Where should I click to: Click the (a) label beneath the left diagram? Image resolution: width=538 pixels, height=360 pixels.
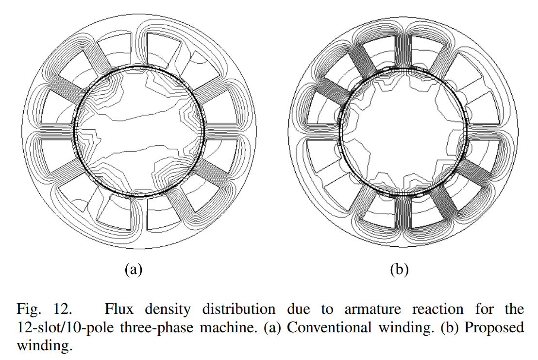pos(134,270)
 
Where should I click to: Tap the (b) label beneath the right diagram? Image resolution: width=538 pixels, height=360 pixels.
pos(400,270)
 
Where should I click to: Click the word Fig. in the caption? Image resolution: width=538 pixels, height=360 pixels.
pos(29,309)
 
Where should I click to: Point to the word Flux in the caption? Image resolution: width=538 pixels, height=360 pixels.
pos(118,309)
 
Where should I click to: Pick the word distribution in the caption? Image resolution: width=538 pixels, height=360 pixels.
pos(239,309)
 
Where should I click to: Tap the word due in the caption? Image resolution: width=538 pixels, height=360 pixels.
pos(299,309)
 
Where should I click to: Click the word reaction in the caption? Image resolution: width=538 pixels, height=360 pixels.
pos(438,309)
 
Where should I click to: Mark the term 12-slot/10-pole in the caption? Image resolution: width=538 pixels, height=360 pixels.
pos(65,327)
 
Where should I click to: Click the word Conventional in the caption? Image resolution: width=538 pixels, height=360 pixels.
pos(329,327)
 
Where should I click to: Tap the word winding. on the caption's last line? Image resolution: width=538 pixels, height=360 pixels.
pos(45,345)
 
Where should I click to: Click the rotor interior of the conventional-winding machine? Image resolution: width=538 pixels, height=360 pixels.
pos(139,132)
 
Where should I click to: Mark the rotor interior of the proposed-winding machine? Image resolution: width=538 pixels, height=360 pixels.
pos(403,132)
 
